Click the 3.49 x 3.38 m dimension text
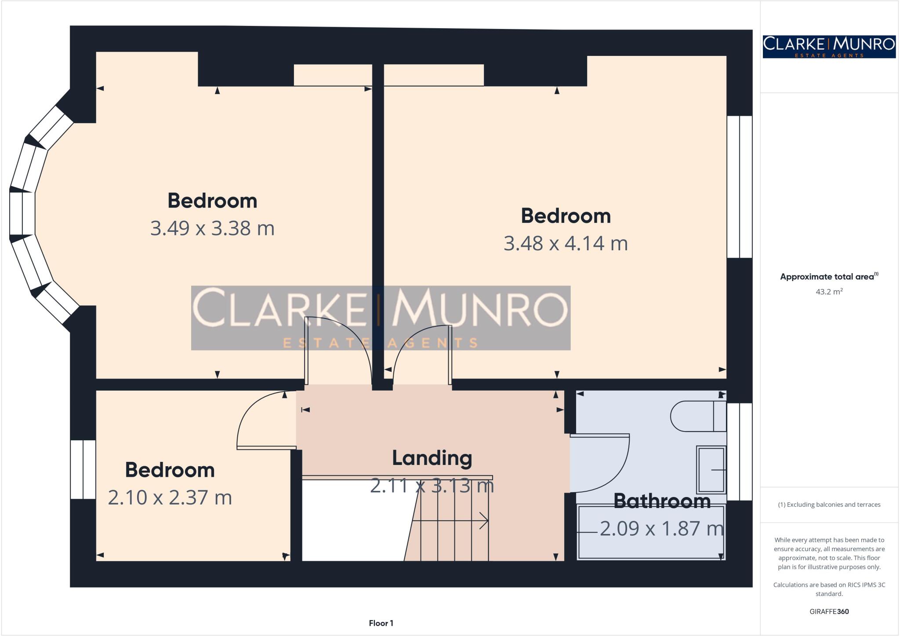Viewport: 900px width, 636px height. (212, 228)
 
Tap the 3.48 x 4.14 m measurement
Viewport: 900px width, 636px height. (566, 243)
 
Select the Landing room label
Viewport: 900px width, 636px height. (432, 458)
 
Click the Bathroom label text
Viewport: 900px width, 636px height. (662, 501)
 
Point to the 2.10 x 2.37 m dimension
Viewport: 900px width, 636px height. (170, 497)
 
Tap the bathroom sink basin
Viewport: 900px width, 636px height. (711, 470)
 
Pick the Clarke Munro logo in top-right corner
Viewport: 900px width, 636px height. (829, 46)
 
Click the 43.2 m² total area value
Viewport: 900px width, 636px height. (829, 292)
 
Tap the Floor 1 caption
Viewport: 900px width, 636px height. (381, 623)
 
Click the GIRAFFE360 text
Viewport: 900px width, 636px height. (829, 611)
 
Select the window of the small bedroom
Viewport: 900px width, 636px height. (83, 469)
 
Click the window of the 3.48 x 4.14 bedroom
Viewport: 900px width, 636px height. (740, 186)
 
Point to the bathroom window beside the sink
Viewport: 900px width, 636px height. (740, 452)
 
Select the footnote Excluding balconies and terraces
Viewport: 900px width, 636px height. (829, 504)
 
